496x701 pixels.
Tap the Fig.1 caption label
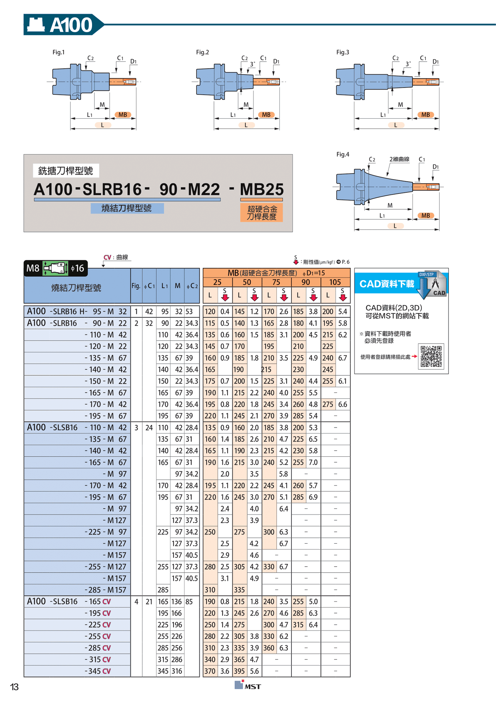58,52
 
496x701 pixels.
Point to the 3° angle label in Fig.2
252,64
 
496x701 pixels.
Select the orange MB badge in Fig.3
426,115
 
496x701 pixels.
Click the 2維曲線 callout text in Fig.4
399,159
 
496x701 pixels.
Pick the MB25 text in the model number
262,189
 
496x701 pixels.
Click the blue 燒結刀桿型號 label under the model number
127,208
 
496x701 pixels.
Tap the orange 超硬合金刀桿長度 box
262,213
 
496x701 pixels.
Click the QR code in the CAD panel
431,356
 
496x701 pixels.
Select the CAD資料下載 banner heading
387,284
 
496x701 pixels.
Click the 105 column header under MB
335,282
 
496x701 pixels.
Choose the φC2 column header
192,286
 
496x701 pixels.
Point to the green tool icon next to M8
56,268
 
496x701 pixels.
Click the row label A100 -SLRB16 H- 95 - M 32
77,311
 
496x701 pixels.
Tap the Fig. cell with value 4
136,601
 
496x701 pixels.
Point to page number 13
14,687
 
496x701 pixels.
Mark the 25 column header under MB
217,282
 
